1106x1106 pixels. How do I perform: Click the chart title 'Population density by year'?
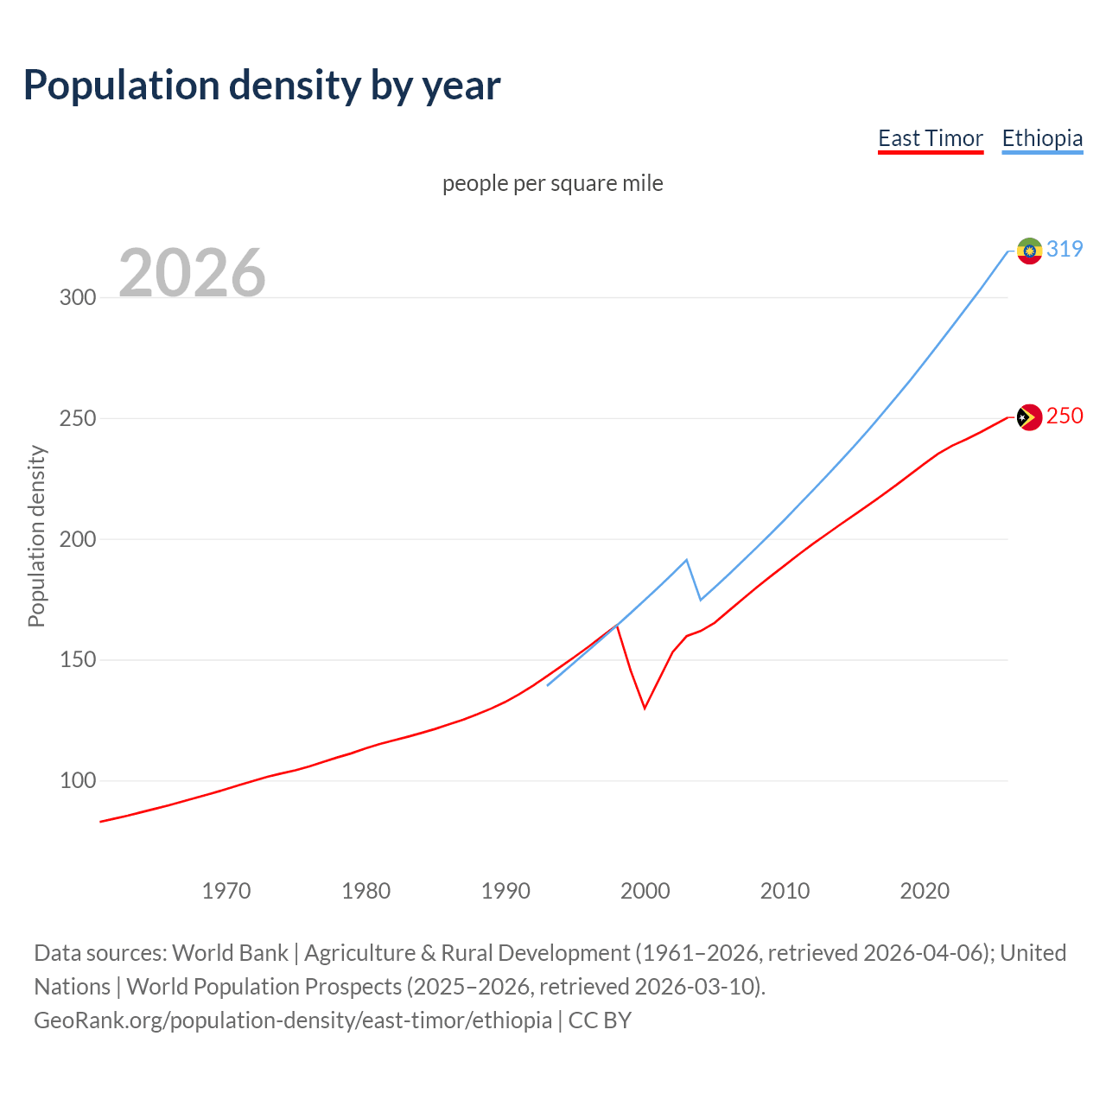point(262,86)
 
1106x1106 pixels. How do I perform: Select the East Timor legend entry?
point(930,138)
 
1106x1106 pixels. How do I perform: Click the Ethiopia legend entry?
point(1041,138)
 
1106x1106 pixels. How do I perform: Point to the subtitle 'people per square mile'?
point(552,183)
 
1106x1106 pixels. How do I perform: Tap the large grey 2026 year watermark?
point(192,273)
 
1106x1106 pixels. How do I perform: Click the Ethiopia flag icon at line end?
point(1028,251)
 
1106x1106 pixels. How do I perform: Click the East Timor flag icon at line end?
point(1028,417)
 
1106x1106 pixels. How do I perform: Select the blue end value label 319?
point(1064,249)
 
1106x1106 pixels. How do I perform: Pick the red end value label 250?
point(1064,416)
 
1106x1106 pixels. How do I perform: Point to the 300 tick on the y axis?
point(77,297)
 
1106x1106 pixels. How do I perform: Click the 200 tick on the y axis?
point(77,539)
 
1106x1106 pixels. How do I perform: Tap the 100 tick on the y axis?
point(77,781)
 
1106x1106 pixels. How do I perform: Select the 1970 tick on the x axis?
point(226,891)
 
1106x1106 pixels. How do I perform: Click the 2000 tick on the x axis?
point(645,891)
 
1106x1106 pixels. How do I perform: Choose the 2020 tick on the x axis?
point(925,891)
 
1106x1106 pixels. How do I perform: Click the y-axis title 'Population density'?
point(36,536)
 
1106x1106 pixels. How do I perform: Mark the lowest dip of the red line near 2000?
point(645,708)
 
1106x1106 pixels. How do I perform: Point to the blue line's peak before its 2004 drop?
point(686,560)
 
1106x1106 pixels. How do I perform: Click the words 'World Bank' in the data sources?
point(230,953)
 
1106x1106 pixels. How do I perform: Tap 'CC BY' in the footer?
point(600,1020)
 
